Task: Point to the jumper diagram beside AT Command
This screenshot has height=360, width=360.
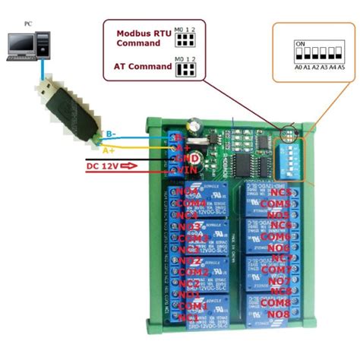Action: point(185,68)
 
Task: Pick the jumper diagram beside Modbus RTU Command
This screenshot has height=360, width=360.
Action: point(185,38)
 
